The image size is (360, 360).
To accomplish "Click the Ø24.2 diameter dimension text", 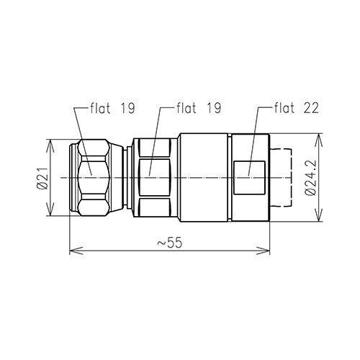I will click(x=310, y=177).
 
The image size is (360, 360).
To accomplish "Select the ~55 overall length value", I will click(x=170, y=243).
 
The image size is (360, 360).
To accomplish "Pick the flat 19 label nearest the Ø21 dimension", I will click(x=113, y=109).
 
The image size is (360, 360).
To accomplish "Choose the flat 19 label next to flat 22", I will click(x=199, y=109).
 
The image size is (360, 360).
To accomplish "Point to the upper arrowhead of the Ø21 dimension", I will click(x=49, y=143).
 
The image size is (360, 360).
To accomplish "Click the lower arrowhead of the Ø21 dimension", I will click(x=49, y=211).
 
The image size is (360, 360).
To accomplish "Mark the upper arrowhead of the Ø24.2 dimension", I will click(x=319, y=138).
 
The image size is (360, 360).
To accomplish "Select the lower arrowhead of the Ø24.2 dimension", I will click(x=319, y=217).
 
